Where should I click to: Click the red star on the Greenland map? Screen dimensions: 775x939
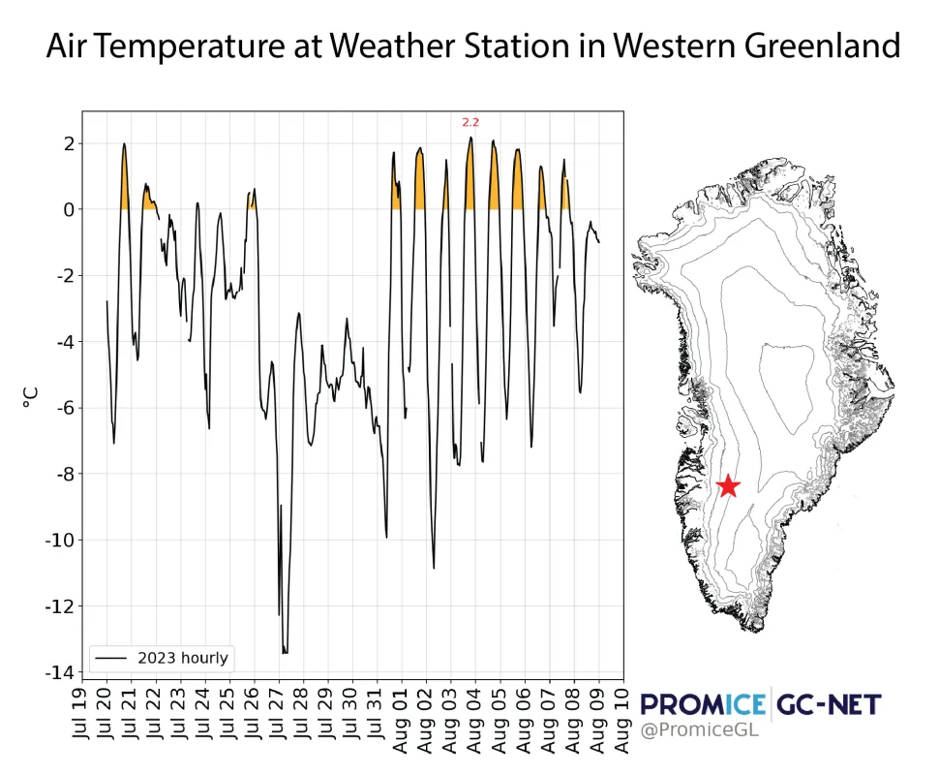[727, 485]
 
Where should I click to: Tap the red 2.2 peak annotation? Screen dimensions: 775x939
[470, 122]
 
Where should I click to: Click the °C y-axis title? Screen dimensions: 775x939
[32, 395]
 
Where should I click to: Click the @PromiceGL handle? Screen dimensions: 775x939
[699, 729]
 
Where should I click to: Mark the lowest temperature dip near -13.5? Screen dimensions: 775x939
[285, 652]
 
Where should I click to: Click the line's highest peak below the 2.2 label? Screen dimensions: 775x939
[470, 138]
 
